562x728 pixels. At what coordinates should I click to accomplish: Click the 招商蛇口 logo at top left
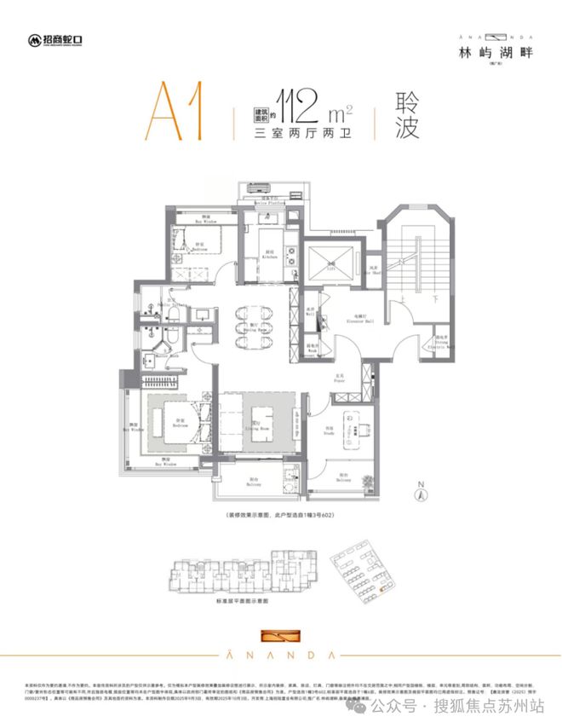point(57,39)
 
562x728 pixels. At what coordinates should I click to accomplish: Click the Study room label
point(329,430)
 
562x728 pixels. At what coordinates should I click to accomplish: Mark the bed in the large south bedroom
point(180,420)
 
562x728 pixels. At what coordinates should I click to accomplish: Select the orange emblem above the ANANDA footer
point(280,636)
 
